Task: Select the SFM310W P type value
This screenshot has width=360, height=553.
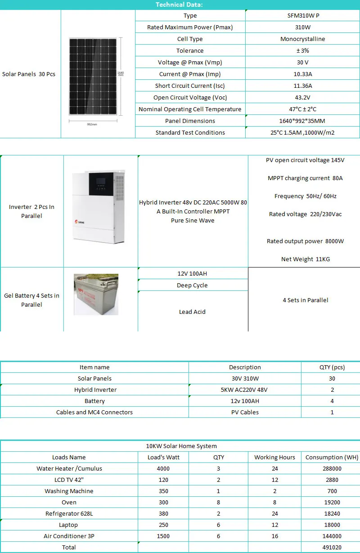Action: point(302,16)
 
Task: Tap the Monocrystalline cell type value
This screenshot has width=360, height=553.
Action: point(302,39)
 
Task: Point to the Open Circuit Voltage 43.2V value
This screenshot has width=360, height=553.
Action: point(302,98)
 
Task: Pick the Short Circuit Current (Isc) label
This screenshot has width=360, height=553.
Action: point(190,86)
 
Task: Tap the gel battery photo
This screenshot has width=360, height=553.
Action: point(96,294)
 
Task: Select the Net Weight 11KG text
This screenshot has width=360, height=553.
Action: point(305,259)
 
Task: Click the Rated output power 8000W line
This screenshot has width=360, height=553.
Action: point(305,241)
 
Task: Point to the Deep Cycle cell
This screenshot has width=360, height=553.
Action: point(192,286)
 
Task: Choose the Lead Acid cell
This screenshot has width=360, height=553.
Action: point(192,312)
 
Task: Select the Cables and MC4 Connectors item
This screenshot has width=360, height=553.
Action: point(94,412)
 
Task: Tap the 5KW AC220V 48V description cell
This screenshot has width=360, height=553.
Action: point(244,390)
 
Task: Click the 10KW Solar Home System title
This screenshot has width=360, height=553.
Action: point(181,446)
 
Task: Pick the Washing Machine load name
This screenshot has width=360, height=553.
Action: point(69,491)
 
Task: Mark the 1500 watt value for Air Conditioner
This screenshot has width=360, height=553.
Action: point(163,536)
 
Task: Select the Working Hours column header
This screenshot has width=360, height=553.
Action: point(274,458)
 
